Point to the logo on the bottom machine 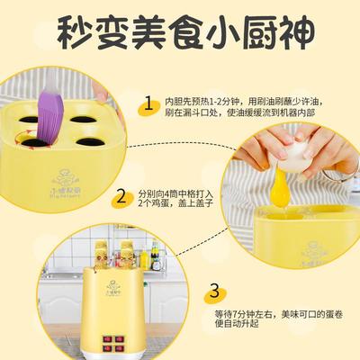(116, 279)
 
